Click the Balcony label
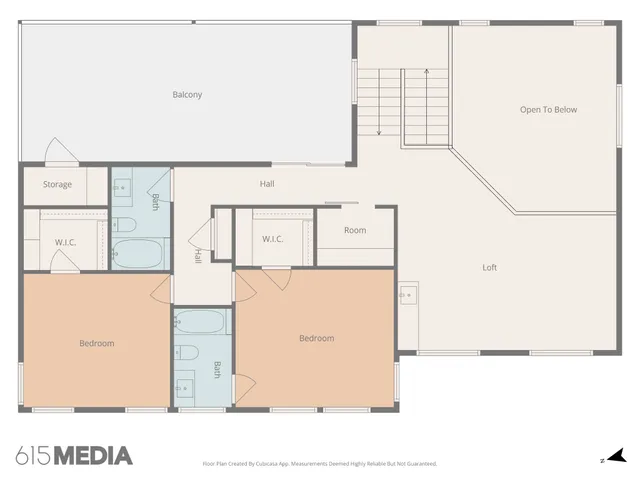[x=187, y=95]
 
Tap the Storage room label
[x=57, y=184]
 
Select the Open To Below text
[x=548, y=110]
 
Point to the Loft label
[x=490, y=267]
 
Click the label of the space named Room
[x=355, y=230]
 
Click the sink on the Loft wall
[x=408, y=295]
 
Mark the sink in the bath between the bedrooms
[x=185, y=385]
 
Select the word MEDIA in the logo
[x=92, y=456]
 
